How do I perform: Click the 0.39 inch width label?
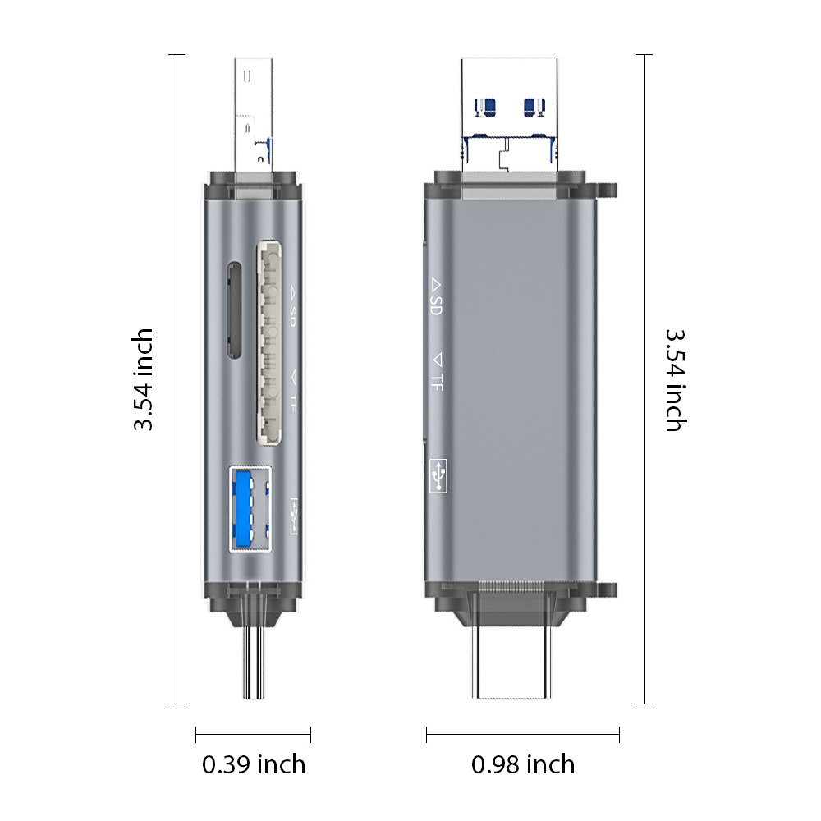pyautogui.click(x=254, y=765)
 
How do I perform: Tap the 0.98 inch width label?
pyautogui.click(x=523, y=765)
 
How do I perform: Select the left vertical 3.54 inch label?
pyautogui.click(x=143, y=379)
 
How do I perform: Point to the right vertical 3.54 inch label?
pyautogui.click(x=676, y=380)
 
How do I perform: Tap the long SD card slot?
pyautogui.click(x=268, y=343)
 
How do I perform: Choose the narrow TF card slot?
pyautogui.click(x=233, y=310)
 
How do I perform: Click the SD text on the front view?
pyautogui.click(x=436, y=305)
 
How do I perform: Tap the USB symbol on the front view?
pyautogui.click(x=438, y=475)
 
